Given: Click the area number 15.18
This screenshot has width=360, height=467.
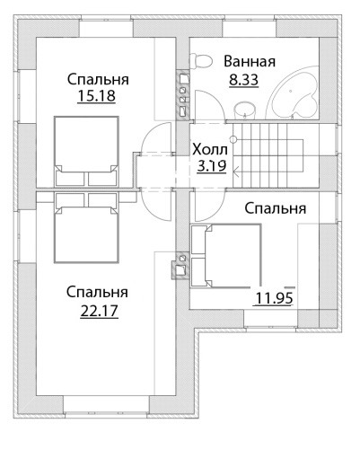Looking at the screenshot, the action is [96, 96].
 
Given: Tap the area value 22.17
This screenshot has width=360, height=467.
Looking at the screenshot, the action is [100, 311].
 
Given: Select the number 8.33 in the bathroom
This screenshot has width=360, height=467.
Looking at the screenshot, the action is [243, 80].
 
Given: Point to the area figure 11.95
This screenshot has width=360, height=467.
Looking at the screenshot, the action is [274, 298].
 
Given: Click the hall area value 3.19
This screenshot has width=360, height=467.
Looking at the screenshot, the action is [212, 166].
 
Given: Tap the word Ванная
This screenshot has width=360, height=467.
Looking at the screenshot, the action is [250, 61].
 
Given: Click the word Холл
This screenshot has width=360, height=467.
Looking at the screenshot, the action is [210, 149].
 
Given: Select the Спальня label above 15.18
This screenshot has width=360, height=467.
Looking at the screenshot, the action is [98, 80].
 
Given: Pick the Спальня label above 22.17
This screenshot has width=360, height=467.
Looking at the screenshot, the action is [97, 292].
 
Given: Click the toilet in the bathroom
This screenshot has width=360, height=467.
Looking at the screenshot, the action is [201, 61].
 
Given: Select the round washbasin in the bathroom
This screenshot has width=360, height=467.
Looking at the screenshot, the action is [244, 110].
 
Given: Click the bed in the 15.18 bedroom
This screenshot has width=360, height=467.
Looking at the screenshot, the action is [86, 152].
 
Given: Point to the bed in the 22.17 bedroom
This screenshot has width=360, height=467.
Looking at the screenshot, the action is [86, 227].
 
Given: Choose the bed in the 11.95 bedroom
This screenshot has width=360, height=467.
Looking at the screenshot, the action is [226, 256].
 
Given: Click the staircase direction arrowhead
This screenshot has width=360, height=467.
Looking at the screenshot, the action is [236, 172].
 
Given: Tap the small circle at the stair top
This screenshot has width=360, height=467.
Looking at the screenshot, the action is [233, 139].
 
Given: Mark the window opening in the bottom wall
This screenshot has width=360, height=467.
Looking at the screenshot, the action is [106, 407].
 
